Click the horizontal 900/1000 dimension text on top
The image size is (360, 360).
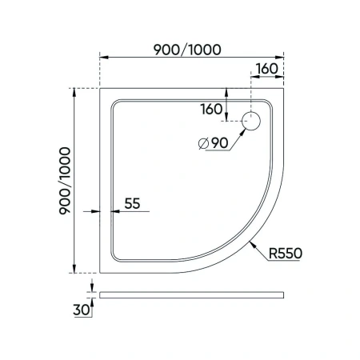point(188,47)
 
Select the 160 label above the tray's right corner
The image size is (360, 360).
point(268,68)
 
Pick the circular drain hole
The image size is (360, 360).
point(252,121)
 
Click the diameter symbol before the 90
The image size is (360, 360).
point(202,143)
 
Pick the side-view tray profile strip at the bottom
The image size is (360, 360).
point(192,293)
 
